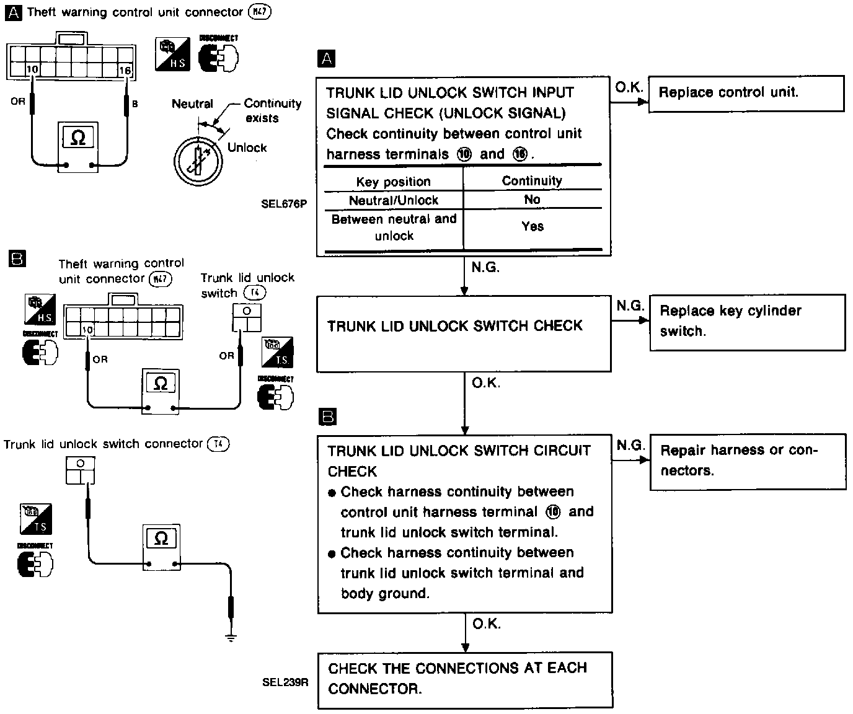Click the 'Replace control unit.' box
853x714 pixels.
[746, 94]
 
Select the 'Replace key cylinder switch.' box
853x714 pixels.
[747, 322]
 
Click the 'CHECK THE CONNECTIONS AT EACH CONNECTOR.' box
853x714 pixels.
[464, 679]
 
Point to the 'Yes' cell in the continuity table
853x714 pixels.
[533, 227]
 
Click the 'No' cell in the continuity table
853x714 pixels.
[532, 200]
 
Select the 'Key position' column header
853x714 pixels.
[393, 182]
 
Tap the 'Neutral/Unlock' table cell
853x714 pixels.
[393, 200]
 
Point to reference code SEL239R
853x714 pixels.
[285, 682]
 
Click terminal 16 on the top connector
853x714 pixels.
[125, 71]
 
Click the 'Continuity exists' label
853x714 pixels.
[272, 110]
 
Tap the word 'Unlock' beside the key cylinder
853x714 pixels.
[247, 148]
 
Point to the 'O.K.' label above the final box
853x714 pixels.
[487, 624]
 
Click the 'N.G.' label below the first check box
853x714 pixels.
[485, 268]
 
